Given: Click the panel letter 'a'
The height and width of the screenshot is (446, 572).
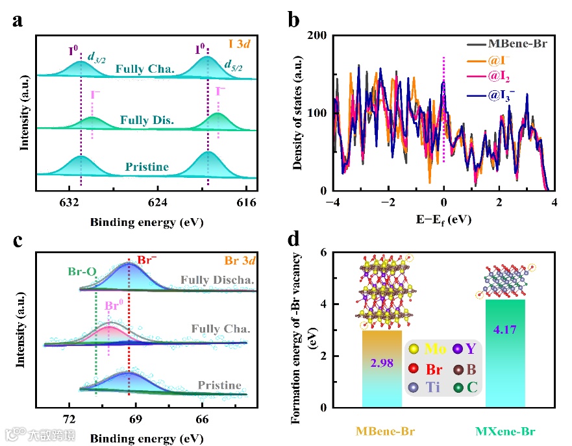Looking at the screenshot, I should point(19,19).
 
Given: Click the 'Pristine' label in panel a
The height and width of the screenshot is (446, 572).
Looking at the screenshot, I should point(147,167).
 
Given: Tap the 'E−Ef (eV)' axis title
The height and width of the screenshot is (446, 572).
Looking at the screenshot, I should point(443,219).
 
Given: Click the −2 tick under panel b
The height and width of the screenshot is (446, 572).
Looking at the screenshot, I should point(388,203).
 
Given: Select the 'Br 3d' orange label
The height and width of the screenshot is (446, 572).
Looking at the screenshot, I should point(240,262).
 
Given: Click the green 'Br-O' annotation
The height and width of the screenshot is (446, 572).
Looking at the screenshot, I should point(83,271).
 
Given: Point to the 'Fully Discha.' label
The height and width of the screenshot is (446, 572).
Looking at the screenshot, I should point(208,280).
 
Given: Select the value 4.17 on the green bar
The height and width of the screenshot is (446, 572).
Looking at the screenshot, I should point(504,330).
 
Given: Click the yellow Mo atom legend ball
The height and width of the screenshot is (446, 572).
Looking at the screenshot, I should point(414,349).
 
